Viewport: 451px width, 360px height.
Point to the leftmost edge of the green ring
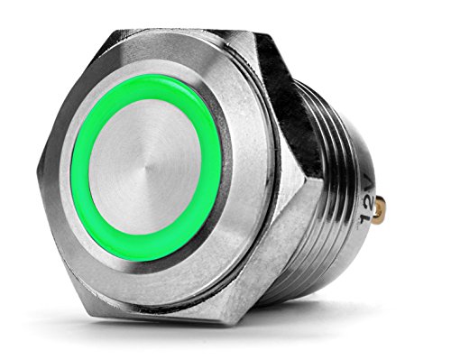(75, 171)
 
